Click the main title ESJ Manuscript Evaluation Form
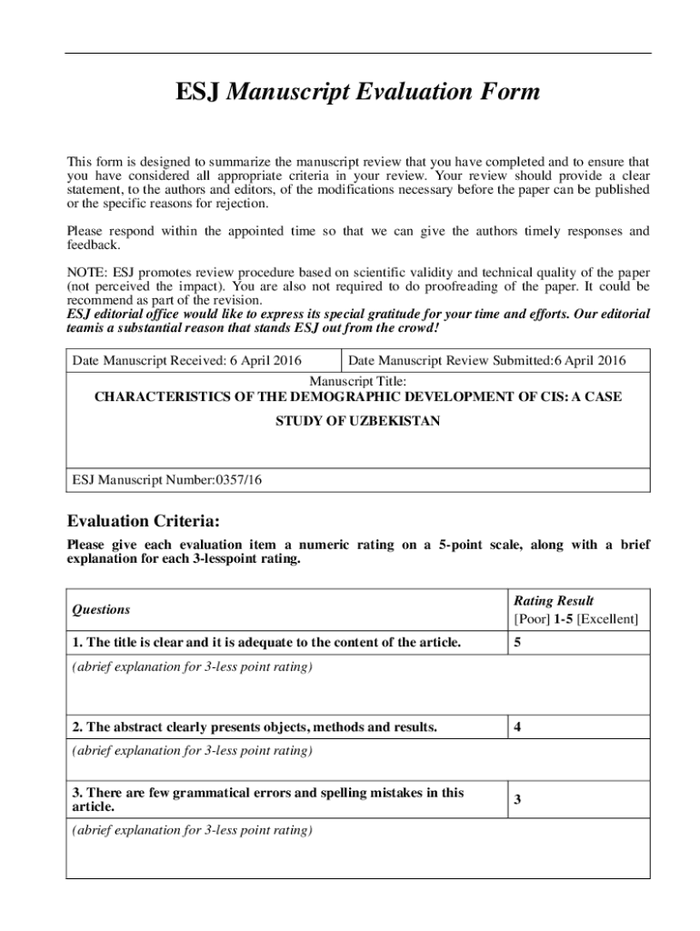point(357,93)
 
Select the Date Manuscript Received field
point(186,361)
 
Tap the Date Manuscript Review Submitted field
point(486,361)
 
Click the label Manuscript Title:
point(357,381)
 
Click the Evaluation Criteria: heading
point(143,522)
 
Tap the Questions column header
point(101,610)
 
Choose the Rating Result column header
point(554,601)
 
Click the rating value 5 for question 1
point(517,643)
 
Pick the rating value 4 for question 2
point(517,727)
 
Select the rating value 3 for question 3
point(517,800)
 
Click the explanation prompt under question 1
point(192,667)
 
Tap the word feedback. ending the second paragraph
point(93,245)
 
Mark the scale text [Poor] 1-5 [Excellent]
point(575,619)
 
